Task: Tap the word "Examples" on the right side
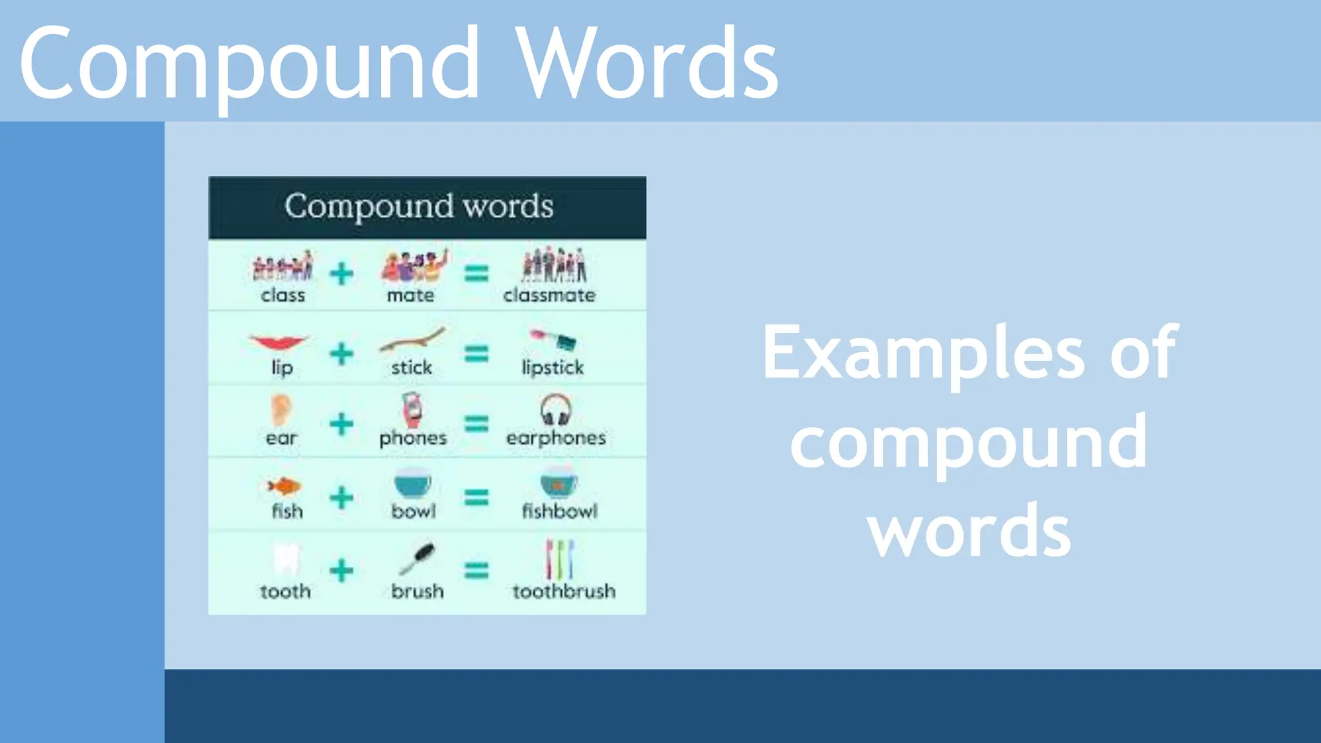click(x=924, y=353)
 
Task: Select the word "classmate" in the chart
click(x=549, y=295)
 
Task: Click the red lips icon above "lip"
click(x=279, y=342)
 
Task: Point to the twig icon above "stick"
click(x=412, y=340)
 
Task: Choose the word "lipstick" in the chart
click(x=552, y=368)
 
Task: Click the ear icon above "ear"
click(x=281, y=410)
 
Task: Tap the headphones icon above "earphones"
click(x=555, y=410)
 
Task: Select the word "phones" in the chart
click(x=413, y=438)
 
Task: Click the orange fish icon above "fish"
click(x=284, y=486)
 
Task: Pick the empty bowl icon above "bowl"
click(x=412, y=484)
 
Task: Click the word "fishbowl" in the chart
click(x=559, y=511)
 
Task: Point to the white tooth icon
click(x=286, y=559)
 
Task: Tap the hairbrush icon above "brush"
click(x=417, y=559)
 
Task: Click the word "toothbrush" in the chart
click(x=564, y=591)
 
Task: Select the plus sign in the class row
click(x=341, y=274)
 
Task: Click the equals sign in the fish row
click(x=477, y=498)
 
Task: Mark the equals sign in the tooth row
click(x=477, y=571)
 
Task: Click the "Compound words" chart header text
click(x=419, y=206)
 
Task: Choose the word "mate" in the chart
click(x=410, y=295)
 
